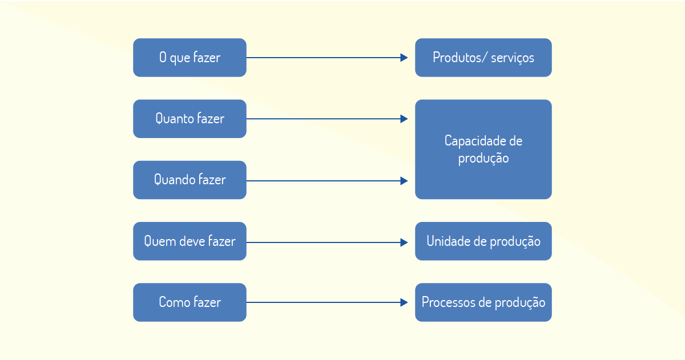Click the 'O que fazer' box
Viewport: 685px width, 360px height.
190,58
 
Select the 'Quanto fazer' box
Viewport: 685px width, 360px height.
190,119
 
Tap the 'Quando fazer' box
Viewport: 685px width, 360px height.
190,180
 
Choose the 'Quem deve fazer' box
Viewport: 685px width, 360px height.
190,241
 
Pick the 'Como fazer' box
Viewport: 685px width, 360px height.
190,302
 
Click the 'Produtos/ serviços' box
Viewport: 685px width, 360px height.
483,58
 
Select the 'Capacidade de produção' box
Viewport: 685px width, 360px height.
483,149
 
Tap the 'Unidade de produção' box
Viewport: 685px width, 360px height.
483,241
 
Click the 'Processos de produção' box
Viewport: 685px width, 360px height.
483,302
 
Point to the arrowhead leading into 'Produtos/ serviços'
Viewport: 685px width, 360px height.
404,58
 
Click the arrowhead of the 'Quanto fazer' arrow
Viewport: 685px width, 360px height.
404,119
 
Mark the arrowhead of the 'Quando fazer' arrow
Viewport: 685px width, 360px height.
404,181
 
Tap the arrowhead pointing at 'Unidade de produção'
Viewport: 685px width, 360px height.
404,242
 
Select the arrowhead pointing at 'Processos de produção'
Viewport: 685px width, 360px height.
404,302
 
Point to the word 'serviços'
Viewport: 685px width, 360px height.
513,58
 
